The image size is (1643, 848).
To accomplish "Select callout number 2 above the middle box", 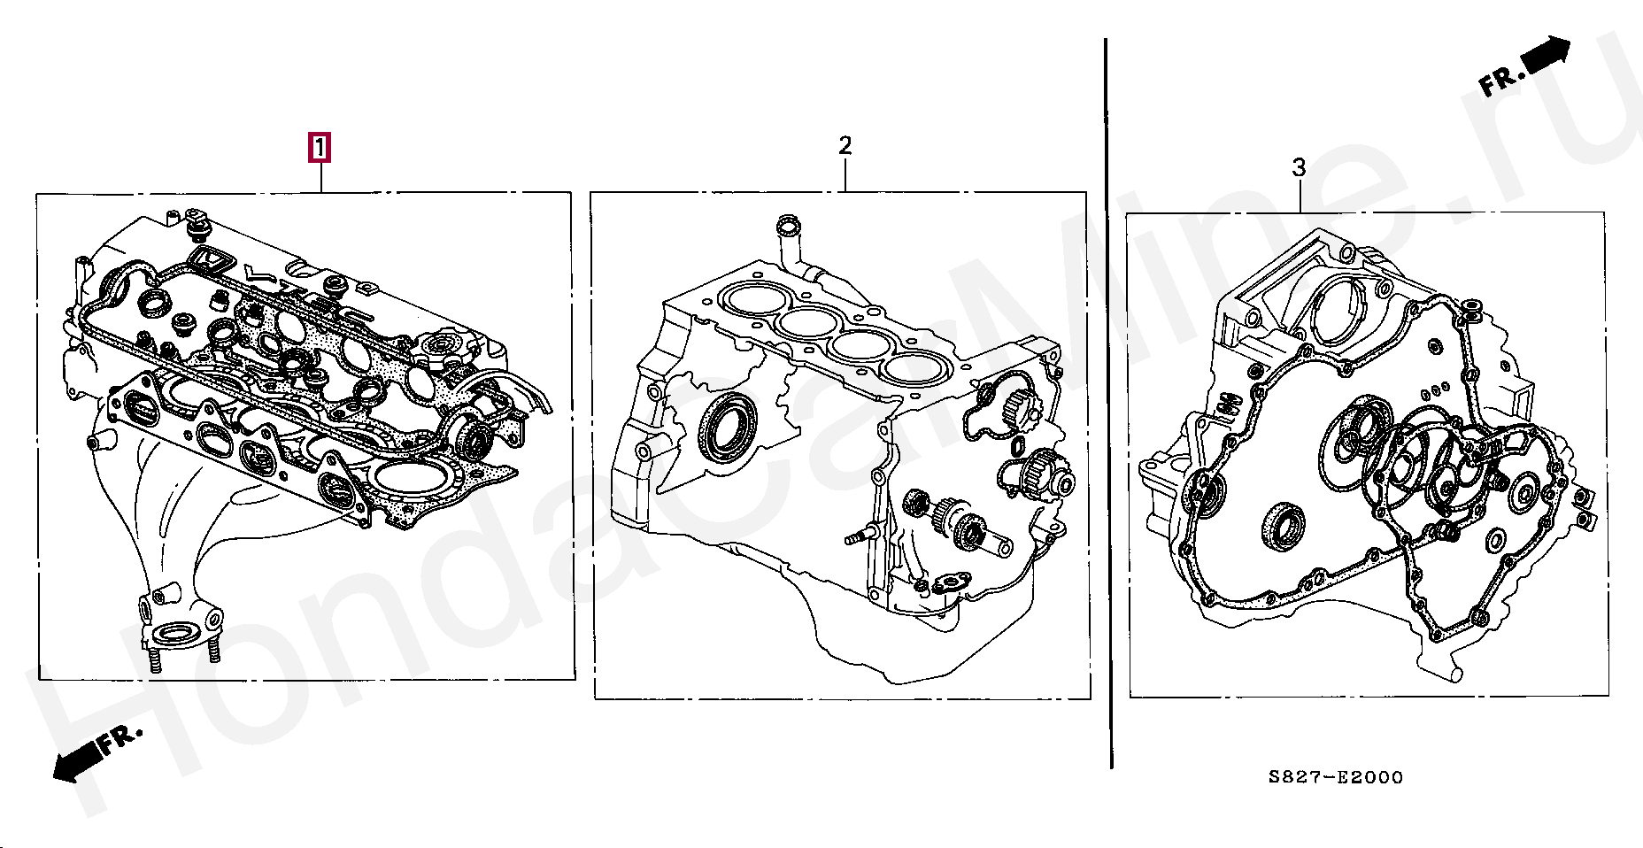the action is pos(845,145).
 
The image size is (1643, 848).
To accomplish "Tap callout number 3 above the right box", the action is pos(1299,167).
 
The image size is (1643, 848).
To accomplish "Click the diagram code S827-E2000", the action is pos(1335,778).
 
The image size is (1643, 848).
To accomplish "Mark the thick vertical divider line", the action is pos(1109,398).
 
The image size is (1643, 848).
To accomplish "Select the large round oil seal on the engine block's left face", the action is pos(727,428).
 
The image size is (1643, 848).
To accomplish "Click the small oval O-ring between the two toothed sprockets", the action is pos(1017,442).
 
